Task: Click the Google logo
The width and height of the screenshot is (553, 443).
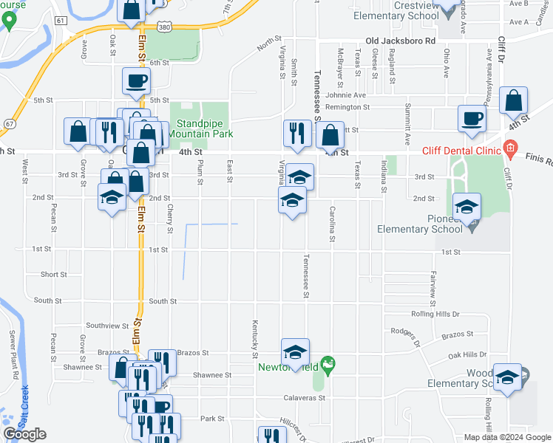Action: pos(24,434)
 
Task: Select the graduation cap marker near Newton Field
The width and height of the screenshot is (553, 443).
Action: pos(295,352)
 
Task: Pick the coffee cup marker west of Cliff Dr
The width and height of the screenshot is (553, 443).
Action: pos(472,117)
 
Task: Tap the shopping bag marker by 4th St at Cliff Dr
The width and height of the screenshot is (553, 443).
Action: pos(512,100)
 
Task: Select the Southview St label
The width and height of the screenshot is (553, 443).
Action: pos(107,325)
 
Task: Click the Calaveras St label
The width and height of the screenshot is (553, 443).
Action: pos(305,397)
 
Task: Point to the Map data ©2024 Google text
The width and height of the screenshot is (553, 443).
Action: pos(507,437)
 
